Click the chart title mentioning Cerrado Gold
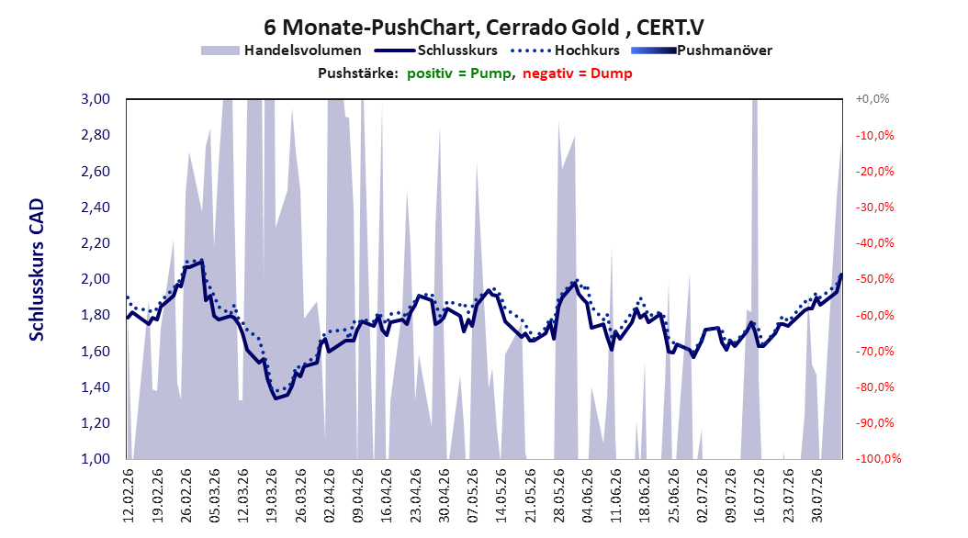[484, 28]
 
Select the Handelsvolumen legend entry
[282, 50]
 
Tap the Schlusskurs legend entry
[436, 50]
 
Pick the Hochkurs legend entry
[566, 50]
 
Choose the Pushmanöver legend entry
[702, 50]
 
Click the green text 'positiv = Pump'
[459, 73]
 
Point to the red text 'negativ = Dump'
[578, 73]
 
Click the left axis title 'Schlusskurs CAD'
[37, 270]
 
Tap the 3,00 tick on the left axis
[96, 99]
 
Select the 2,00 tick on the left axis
[96, 279]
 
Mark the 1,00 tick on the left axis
[96, 458]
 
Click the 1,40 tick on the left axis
[96, 387]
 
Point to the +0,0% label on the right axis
[872, 99]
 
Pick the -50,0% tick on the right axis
[874, 279]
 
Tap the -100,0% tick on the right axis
[878, 458]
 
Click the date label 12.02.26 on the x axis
[129, 496]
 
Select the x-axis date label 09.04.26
[358, 496]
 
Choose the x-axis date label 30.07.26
[817, 496]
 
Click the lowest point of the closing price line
[276, 398]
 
